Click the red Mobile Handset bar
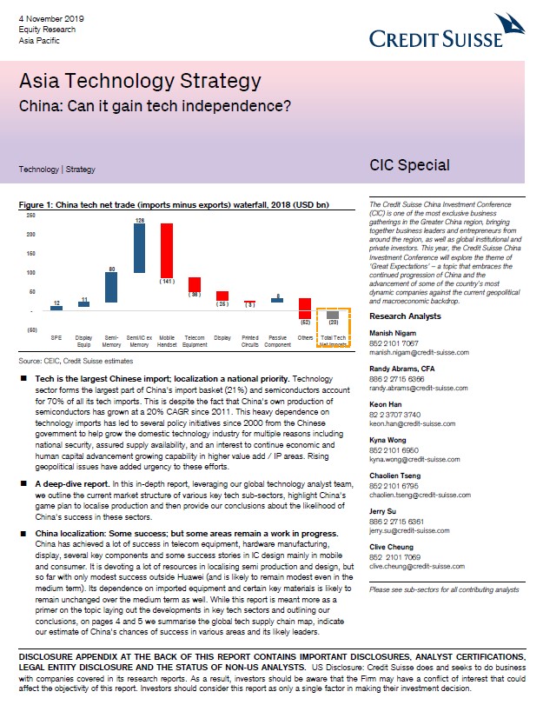pyautogui.click(x=166, y=249)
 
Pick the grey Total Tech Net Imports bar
pyautogui.click(x=333, y=315)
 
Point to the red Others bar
pyautogui.click(x=305, y=309)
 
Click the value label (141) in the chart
pyautogui.click(x=166, y=282)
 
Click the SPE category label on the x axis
pyautogui.click(x=56, y=336)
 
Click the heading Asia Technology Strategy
pyautogui.click(x=140, y=83)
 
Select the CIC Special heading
pyautogui.click(x=409, y=165)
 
